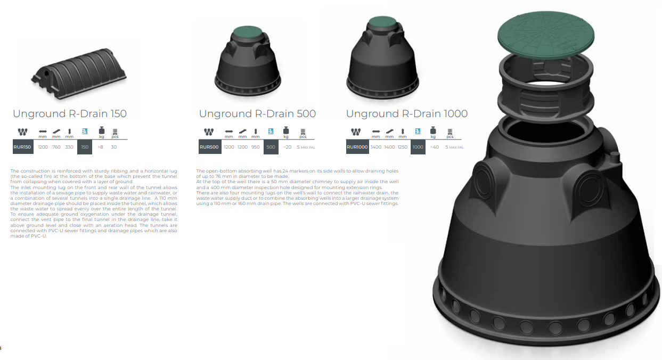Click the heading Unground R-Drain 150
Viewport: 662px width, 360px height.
click(x=70, y=114)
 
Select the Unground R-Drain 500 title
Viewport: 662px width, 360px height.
click(x=257, y=114)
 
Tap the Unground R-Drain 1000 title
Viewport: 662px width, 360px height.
click(x=407, y=114)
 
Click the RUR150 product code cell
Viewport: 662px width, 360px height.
click(x=23, y=147)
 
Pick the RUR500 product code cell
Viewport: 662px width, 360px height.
click(x=210, y=147)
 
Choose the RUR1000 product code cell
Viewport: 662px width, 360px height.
click(x=357, y=147)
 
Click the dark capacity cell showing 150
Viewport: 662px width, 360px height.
click(x=85, y=147)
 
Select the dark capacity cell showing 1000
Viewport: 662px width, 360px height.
click(x=418, y=147)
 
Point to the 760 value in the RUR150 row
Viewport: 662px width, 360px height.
click(x=56, y=147)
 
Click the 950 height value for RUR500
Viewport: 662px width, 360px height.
click(x=255, y=147)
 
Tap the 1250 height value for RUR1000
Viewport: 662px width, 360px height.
click(x=403, y=147)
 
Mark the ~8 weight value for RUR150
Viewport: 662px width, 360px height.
click(x=101, y=147)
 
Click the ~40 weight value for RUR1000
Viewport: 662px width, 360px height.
click(x=435, y=147)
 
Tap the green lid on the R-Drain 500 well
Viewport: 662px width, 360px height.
click(x=247, y=32)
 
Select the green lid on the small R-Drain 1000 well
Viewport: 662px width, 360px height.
click(x=382, y=22)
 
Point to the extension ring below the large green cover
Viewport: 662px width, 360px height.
click(x=546, y=86)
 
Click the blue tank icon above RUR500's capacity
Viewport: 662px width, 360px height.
click(x=271, y=131)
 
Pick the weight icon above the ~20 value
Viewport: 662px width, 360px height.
click(x=286, y=130)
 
